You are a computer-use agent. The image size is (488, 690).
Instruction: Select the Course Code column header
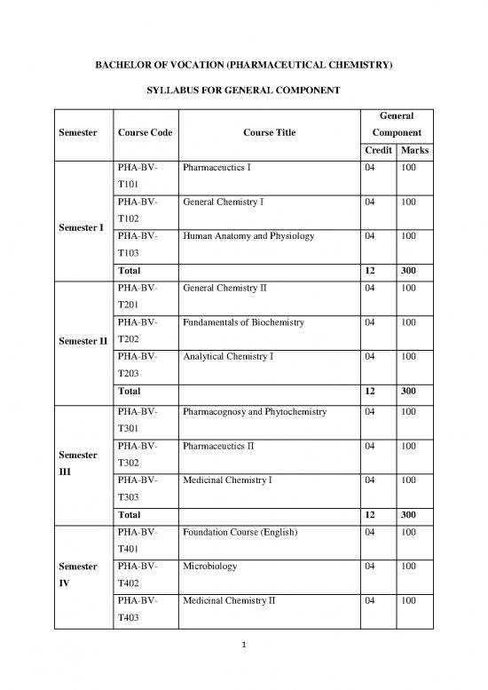144,133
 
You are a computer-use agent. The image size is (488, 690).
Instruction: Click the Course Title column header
267,133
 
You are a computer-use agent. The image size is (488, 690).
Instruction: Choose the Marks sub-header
414,150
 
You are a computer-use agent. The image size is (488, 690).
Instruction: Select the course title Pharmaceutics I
217,167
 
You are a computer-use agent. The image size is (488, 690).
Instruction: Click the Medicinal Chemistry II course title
230,599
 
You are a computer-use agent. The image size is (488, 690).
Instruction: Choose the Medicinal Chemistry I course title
228,480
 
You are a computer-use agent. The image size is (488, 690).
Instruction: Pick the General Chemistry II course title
225,289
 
